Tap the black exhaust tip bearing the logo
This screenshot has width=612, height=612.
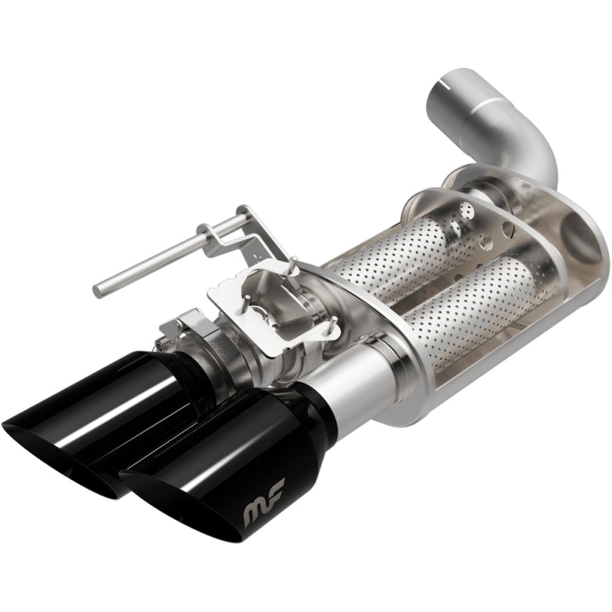coord(246,476)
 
